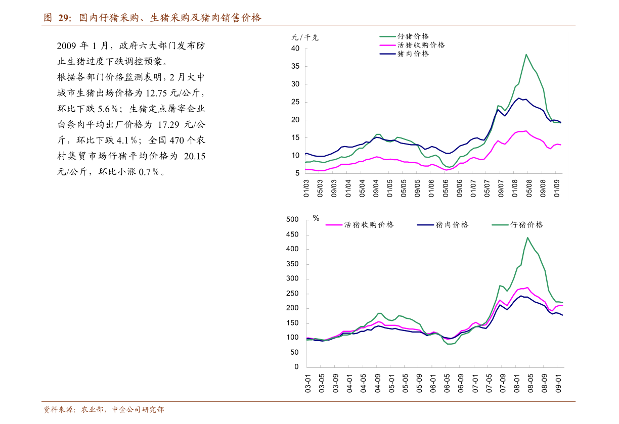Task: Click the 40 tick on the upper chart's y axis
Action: (295, 49)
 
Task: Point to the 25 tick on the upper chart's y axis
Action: (295, 102)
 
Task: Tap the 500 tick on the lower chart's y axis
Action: (293, 219)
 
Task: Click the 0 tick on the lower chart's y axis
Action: (297, 367)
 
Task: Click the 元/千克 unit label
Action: (305, 37)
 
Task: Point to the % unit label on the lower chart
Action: (316, 218)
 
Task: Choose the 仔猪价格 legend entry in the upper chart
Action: (413, 36)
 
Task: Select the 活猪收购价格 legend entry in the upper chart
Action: (421, 45)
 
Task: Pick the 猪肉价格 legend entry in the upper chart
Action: (413, 54)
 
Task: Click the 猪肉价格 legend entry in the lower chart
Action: (452, 225)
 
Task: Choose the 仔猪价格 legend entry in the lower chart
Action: (527, 225)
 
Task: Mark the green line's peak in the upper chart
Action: (526, 54)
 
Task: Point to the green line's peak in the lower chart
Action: (527, 238)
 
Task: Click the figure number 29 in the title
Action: (63, 18)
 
